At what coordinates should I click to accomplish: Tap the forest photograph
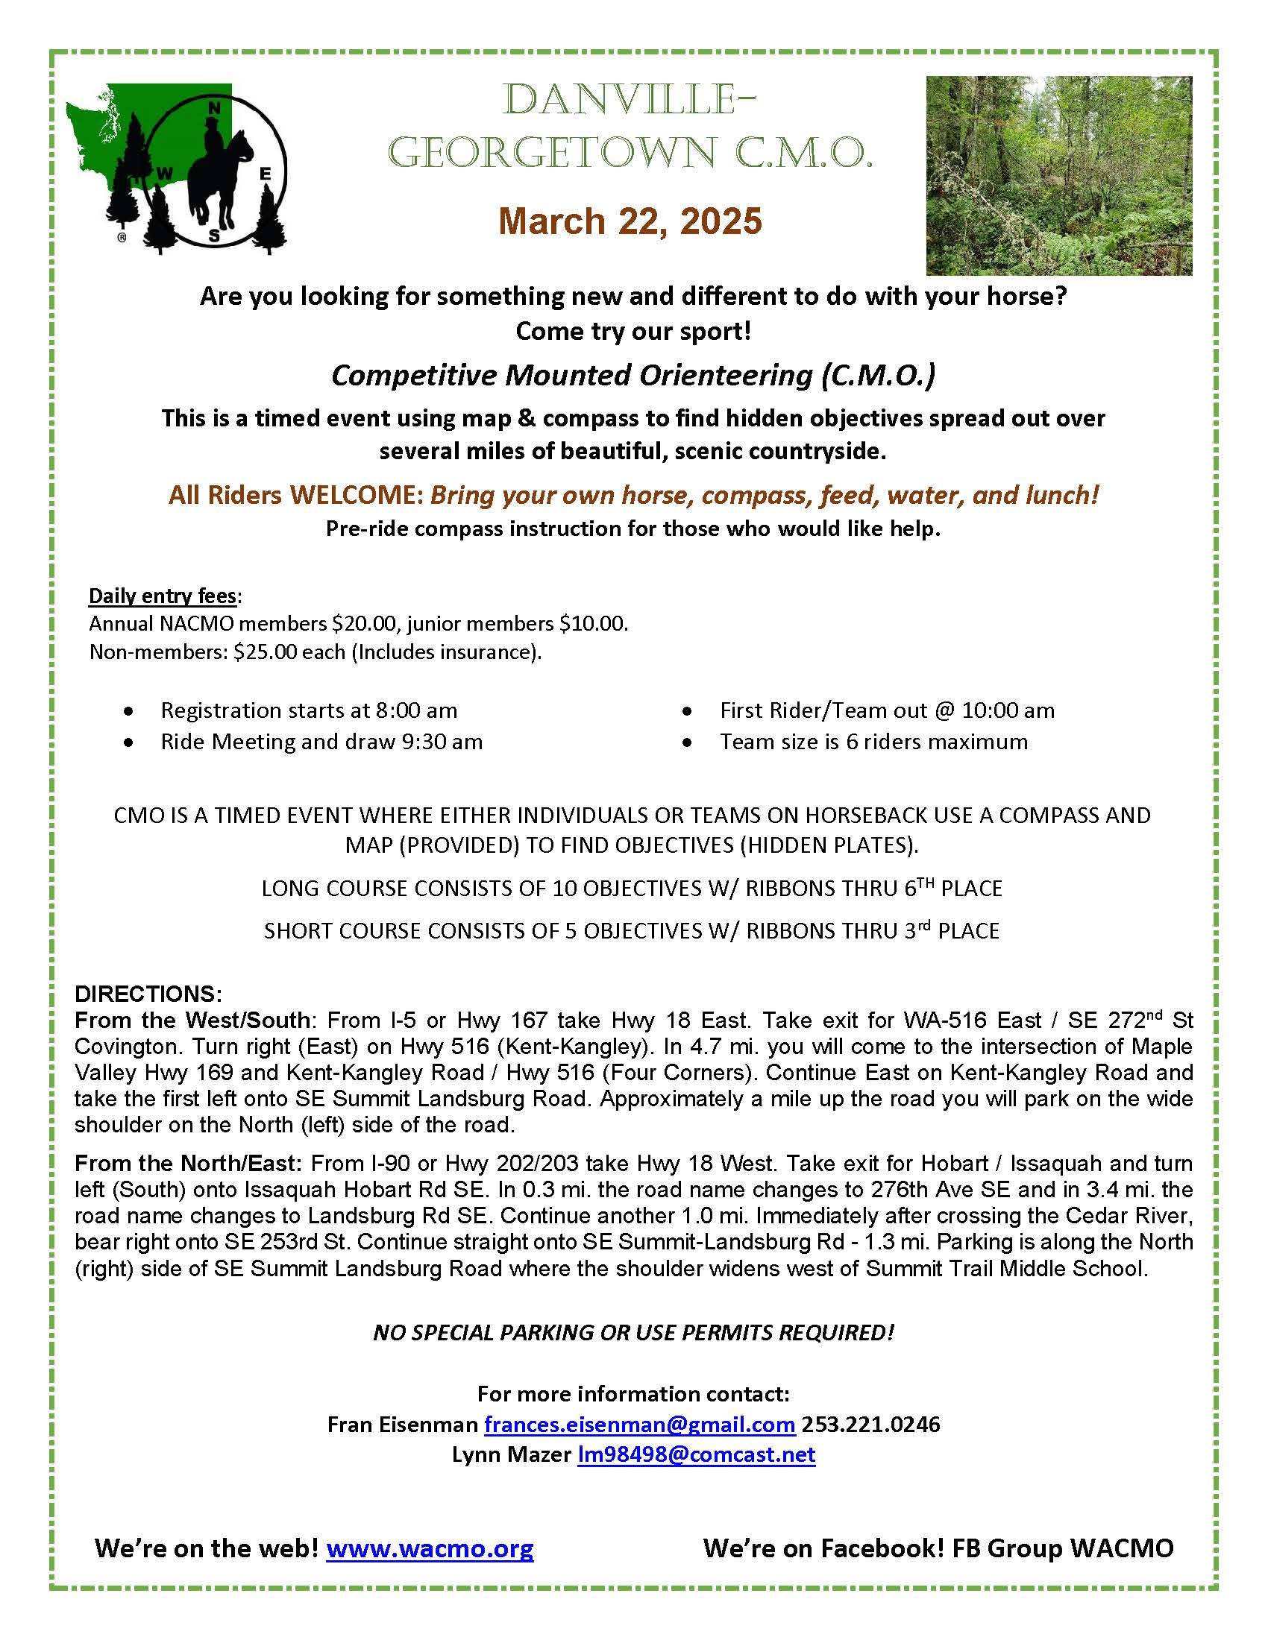point(1058,175)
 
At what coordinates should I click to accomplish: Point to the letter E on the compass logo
point(266,174)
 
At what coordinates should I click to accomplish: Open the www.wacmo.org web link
point(430,1548)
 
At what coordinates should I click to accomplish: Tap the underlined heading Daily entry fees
point(163,596)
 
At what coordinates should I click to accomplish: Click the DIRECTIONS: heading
point(148,994)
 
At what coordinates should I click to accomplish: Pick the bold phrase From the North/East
point(188,1163)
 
